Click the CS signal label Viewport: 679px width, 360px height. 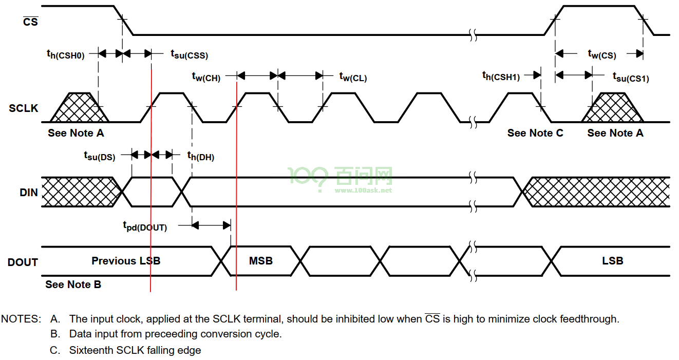pyautogui.click(x=31, y=22)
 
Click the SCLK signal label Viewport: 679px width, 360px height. pyautogui.click(x=23, y=108)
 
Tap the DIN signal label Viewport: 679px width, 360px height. pyautogui.click(x=28, y=193)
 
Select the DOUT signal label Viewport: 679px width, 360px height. pyautogui.click(x=23, y=262)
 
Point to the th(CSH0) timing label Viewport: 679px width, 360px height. pyautogui.click(x=65, y=54)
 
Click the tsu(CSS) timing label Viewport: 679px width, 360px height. pyautogui.click(x=190, y=54)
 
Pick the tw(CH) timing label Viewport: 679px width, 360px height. pyautogui.click(x=206, y=77)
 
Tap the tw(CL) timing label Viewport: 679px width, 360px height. pyautogui.click(x=353, y=77)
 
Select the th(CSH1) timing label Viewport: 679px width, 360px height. pyautogui.click(x=501, y=76)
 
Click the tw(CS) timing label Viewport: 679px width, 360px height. pyautogui.click(x=602, y=54)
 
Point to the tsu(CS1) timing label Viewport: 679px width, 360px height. pyautogui.click(x=631, y=77)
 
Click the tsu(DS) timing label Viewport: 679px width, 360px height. pyautogui.click(x=100, y=156)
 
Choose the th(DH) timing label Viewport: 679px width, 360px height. pyautogui.click(x=201, y=156)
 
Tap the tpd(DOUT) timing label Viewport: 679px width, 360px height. pyautogui.click(x=145, y=226)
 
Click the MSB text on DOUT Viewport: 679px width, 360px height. pyautogui.click(x=261, y=261)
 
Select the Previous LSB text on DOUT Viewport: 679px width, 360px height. pyautogui.click(x=126, y=261)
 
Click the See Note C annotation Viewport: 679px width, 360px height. pyautogui.click(x=535, y=133)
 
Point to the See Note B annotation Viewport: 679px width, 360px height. pyautogui.click(x=73, y=285)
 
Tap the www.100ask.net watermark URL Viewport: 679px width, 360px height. pyautogui.click(x=364, y=191)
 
